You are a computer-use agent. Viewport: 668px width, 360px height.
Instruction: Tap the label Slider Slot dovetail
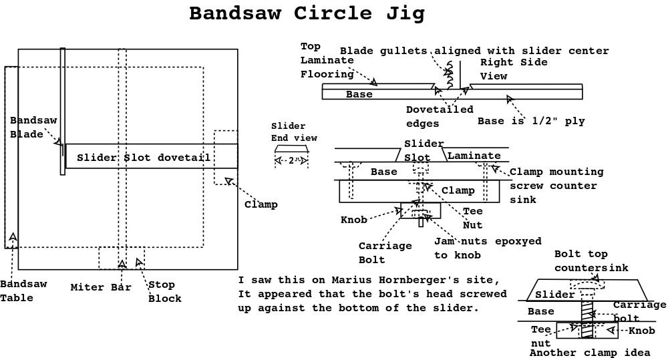pyautogui.click(x=144, y=158)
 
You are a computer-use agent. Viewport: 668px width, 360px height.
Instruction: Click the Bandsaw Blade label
pyautogui.click(x=33, y=126)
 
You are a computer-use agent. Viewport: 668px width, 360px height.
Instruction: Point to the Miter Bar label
pyautogui.click(x=101, y=288)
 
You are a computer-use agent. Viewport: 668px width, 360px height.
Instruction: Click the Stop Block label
pyautogui.click(x=164, y=292)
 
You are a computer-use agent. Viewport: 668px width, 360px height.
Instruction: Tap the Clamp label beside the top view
pyautogui.click(x=261, y=204)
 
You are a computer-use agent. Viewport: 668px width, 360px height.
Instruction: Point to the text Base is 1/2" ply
pyautogui.click(x=531, y=121)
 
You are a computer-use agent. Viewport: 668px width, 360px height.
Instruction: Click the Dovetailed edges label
pyautogui.click(x=440, y=116)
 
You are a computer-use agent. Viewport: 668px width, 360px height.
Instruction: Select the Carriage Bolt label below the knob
pyautogui.click(x=385, y=252)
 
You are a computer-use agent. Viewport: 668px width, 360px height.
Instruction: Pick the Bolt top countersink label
pyautogui.click(x=591, y=260)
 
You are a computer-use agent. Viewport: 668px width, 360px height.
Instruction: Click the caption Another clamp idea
pyautogui.click(x=589, y=353)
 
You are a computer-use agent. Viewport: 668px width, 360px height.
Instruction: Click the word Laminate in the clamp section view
pyautogui.click(x=474, y=156)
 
